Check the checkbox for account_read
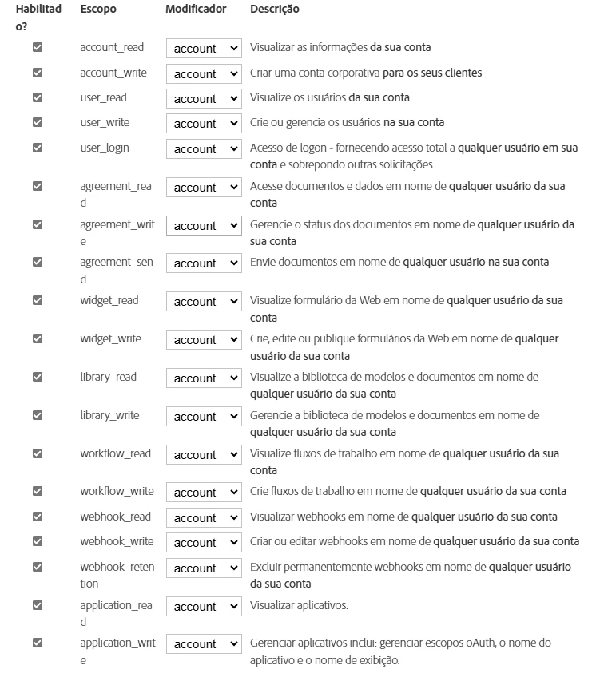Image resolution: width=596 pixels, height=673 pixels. click(37, 48)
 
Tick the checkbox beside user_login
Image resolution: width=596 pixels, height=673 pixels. click(37, 148)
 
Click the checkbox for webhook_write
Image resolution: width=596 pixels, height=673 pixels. click(37, 541)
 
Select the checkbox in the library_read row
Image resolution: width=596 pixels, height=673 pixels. click(37, 377)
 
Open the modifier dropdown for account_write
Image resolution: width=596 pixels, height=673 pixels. click(204, 73)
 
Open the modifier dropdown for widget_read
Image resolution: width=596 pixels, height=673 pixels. click(204, 302)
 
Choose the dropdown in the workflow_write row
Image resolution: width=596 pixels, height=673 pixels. click(204, 493)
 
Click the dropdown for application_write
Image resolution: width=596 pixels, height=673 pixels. click(204, 644)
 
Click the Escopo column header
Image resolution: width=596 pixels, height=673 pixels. click(97, 10)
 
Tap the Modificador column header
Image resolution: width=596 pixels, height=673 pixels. click(196, 10)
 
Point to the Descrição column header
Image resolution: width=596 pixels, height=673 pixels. click(274, 10)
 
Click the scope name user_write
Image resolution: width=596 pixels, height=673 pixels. click(105, 123)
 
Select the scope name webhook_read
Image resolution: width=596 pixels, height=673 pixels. click(115, 517)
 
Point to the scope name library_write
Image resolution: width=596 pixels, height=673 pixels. click(109, 415)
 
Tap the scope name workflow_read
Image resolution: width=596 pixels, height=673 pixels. click(115, 453)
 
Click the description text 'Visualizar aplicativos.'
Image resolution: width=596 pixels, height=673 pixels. click(299, 605)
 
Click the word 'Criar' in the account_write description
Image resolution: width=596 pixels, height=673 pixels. click(263, 73)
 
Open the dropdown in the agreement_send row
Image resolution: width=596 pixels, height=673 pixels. click(204, 263)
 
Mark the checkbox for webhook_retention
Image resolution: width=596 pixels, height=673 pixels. click(37, 567)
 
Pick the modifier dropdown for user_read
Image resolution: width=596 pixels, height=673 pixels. click(204, 99)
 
